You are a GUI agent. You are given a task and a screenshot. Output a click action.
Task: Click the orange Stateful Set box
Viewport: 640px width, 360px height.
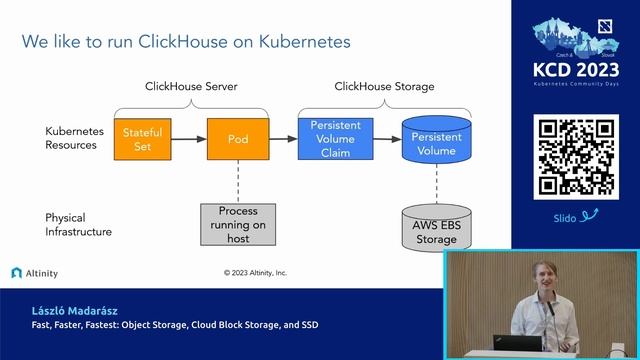click(143, 139)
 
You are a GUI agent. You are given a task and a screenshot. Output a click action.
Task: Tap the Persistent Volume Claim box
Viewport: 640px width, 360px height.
click(335, 139)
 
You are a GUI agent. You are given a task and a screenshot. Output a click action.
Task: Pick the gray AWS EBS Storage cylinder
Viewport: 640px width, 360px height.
click(436, 225)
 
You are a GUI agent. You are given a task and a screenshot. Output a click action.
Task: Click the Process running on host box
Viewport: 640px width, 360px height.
click(238, 224)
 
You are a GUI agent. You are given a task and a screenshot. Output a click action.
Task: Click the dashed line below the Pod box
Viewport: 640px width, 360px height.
click(238, 181)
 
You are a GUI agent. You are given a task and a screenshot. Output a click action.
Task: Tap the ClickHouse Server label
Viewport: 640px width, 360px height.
click(191, 87)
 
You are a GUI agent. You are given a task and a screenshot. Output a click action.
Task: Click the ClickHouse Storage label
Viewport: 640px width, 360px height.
click(384, 87)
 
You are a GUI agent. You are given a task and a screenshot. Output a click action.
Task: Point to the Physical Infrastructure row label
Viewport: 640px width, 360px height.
click(78, 224)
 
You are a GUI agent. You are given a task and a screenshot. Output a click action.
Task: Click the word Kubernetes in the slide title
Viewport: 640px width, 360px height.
click(299, 42)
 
